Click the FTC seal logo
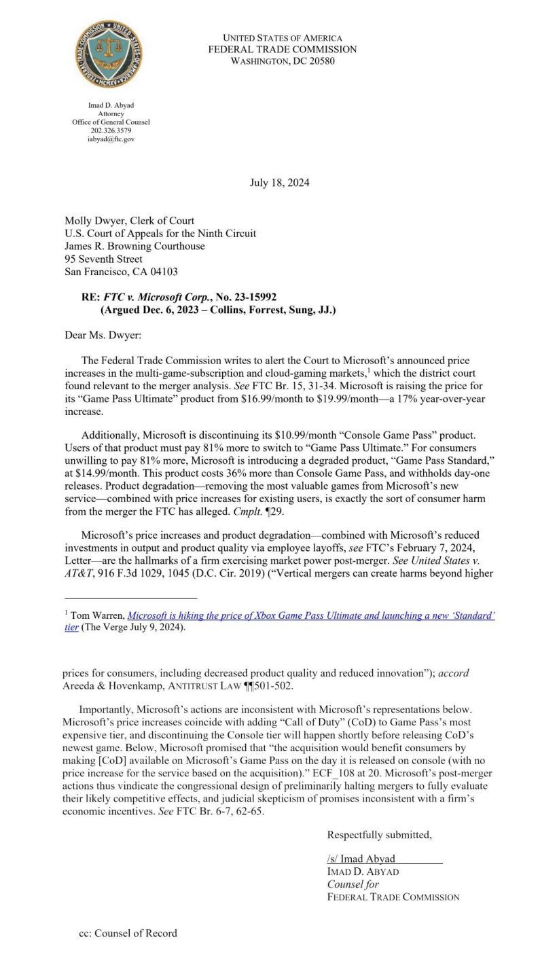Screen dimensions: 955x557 click(109, 54)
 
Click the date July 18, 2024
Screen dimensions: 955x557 click(279, 183)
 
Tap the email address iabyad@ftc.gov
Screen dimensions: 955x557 click(111, 139)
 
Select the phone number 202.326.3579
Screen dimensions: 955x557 click(111, 130)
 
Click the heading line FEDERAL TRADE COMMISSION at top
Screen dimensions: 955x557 click(282, 50)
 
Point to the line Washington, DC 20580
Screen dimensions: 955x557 click(282, 61)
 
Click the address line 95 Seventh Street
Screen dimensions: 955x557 click(103, 259)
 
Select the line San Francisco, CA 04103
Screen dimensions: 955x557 click(121, 272)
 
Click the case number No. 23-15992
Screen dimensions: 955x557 click(246, 297)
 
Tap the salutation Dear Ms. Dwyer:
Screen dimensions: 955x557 click(103, 335)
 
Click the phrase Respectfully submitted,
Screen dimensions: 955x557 click(379, 835)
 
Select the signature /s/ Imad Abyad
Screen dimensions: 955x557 click(361, 859)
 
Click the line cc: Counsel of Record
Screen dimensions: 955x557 click(128, 933)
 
